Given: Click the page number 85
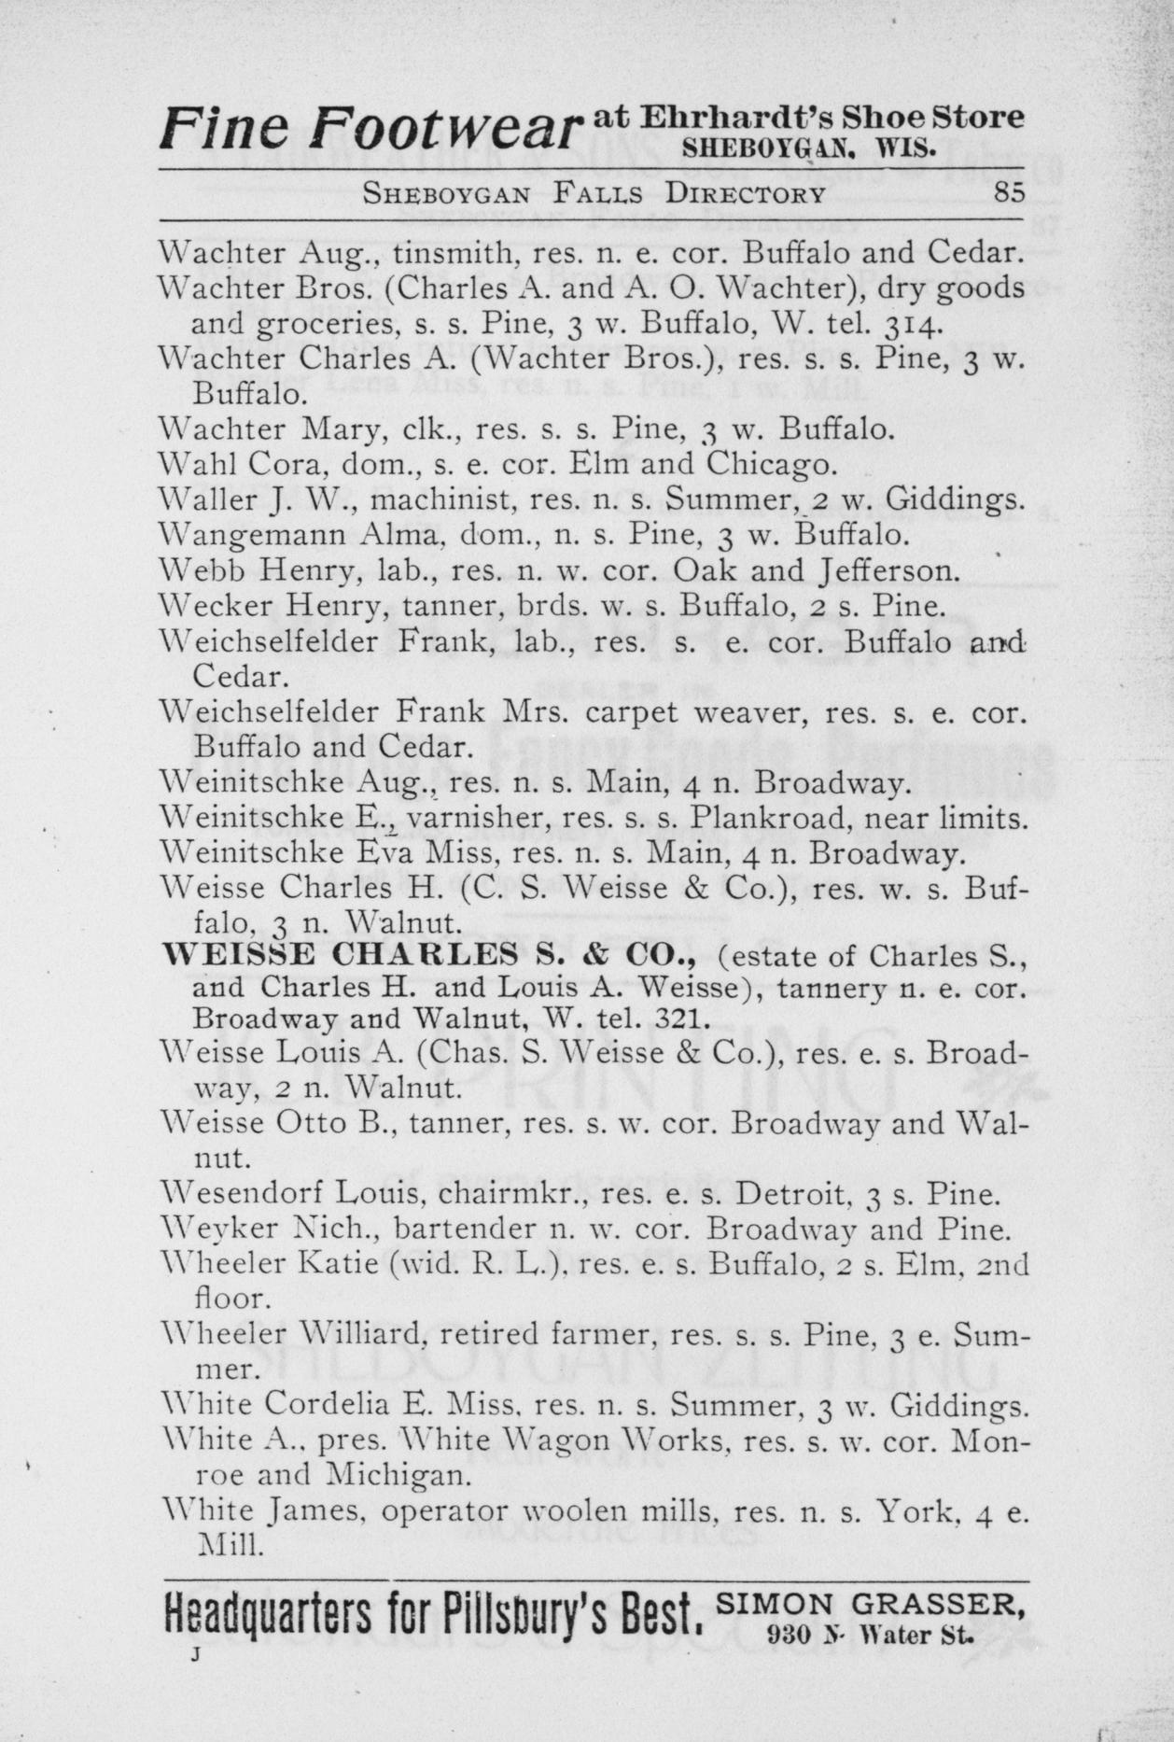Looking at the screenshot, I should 1009,192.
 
